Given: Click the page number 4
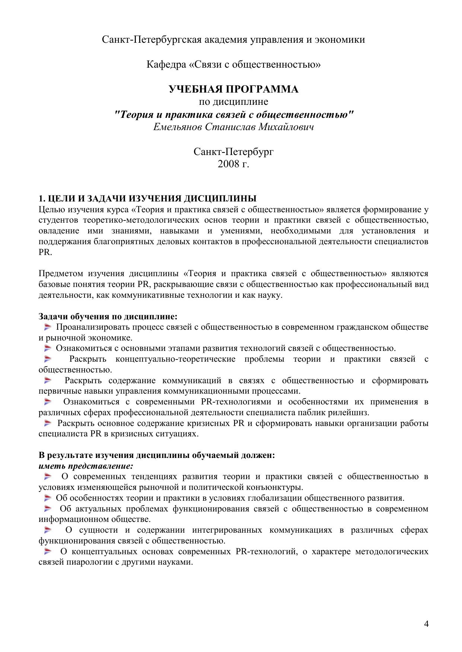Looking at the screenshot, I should tap(426, 623).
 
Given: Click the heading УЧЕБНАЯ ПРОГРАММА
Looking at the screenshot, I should tap(233, 89).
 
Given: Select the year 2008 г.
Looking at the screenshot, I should tap(233, 164).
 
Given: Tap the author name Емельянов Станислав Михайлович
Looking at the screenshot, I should tap(233, 127).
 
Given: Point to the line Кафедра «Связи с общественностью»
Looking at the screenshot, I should tap(233, 65).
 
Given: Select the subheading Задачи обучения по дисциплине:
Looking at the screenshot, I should tap(108, 316).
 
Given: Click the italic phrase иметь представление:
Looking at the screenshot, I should tap(86, 466).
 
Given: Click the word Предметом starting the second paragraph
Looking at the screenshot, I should tap(61, 274).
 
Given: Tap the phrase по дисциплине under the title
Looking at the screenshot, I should tap(233, 101).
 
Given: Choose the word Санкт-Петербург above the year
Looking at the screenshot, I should tap(233, 152).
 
